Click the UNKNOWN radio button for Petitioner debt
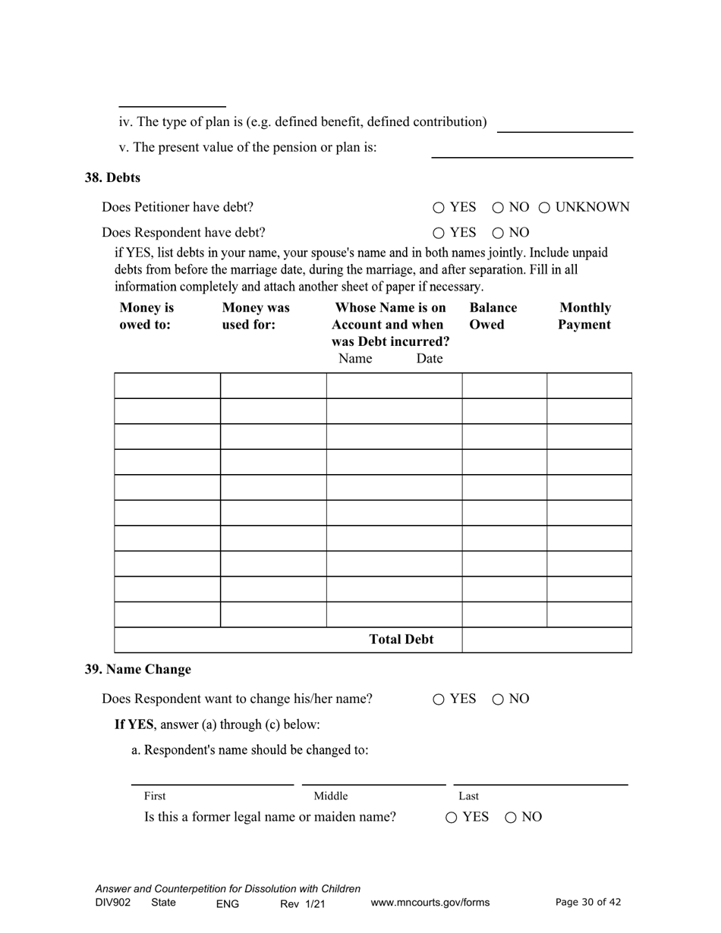[544, 207]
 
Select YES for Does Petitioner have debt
[439, 207]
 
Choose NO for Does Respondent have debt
[498, 233]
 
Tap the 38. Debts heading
[112, 177]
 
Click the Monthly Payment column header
[584, 316]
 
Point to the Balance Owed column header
[493, 316]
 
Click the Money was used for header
[255, 316]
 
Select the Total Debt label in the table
[401, 639]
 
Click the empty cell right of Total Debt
[546, 640]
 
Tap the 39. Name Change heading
[137, 669]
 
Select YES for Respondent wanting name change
[439, 699]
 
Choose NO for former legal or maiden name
[511, 817]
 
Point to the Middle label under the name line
[331, 796]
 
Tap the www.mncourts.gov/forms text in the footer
[430, 903]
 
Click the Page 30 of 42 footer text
[588, 902]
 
